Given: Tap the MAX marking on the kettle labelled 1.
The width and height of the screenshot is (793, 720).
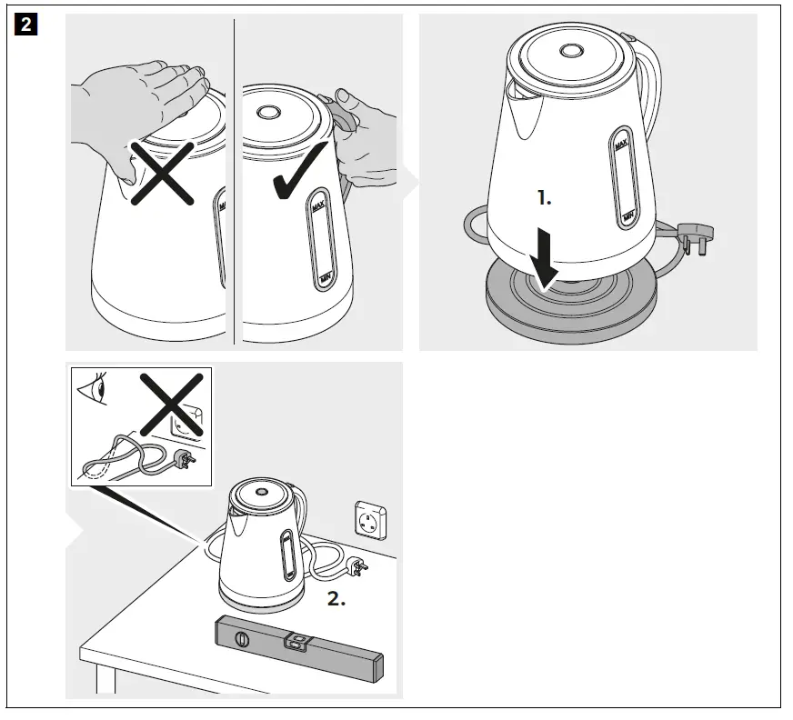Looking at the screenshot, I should pyautogui.click(x=622, y=145).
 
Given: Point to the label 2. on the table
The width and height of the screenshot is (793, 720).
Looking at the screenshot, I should pyautogui.click(x=336, y=600).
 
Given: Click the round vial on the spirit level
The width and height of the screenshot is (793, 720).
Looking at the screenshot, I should pyautogui.click(x=241, y=641).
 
